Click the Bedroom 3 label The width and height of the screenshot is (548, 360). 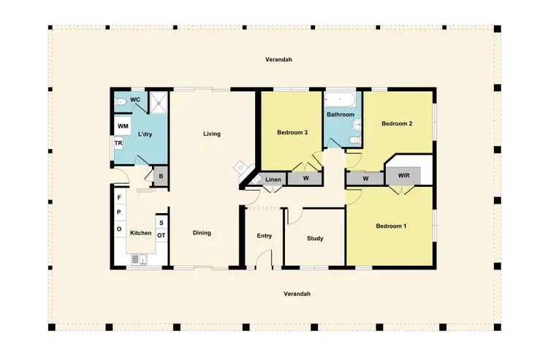point(292,132)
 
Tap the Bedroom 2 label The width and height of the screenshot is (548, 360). point(397,124)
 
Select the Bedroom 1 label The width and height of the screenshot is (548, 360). point(391,226)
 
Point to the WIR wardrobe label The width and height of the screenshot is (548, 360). point(404,176)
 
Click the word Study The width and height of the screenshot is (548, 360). point(315,238)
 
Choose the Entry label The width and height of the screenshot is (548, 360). point(265,235)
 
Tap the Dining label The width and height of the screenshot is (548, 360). point(202,233)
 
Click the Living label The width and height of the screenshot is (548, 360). point(212,134)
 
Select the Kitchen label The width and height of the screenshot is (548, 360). point(140,233)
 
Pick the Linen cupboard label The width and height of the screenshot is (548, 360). point(273,179)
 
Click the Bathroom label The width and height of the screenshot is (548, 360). point(340,115)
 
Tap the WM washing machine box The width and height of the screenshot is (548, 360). point(123,126)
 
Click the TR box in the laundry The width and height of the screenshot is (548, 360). point(118,144)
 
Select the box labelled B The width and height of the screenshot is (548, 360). point(160,176)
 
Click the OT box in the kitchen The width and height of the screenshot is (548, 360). point(161,235)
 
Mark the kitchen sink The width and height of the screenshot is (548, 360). point(139,258)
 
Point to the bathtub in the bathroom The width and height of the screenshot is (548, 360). point(341,98)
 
